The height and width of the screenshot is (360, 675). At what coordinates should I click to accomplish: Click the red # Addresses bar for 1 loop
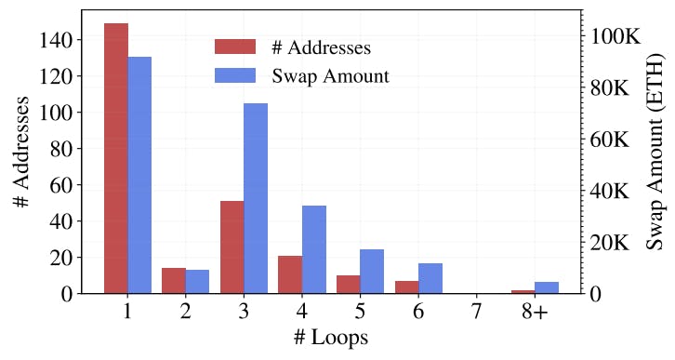115,158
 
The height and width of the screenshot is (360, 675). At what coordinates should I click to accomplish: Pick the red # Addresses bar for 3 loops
232,247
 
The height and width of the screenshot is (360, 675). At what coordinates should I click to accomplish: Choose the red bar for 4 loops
290,274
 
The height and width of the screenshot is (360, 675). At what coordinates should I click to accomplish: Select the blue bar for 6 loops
430,278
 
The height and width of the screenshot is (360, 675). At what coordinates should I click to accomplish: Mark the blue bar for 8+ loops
547,287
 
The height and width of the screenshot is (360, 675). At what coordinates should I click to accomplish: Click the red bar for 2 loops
174,280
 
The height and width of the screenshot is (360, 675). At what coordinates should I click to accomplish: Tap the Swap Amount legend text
330,75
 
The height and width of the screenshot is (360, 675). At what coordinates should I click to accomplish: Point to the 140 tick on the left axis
55,40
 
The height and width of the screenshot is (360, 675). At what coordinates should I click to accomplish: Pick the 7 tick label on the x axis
477,312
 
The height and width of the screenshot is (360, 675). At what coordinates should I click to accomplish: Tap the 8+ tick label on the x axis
535,312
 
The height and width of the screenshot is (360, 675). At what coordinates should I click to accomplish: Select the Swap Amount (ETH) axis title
655,153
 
